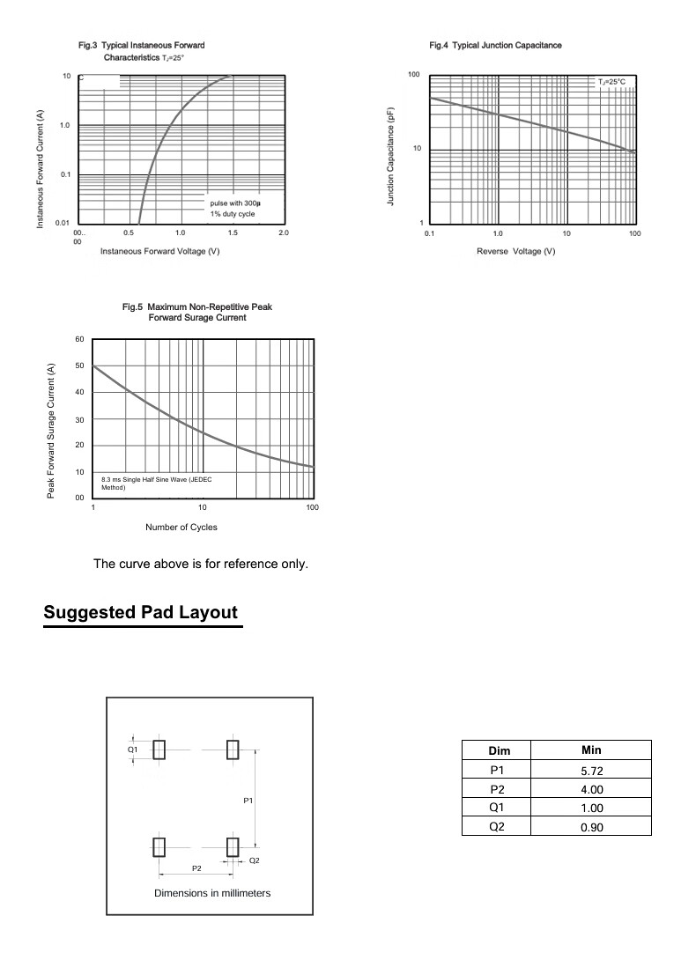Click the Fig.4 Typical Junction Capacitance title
pos(495,45)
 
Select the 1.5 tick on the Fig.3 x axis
pos(233,233)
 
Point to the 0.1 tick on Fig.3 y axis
pos(65,174)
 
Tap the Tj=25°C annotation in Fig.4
pos(611,82)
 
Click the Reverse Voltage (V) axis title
pos(515,252)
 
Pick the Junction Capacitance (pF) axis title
pos(390,158)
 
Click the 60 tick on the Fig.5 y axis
pos(79,339)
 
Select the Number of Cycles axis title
pos(181,528)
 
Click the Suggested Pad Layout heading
pos(141,612)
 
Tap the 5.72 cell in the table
pos(591,771)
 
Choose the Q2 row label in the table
pos(498,826)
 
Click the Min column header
pos(591,750)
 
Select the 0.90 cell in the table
pos(591,827)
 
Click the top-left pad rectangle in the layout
pos(159,750)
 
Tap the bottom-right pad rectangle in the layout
pos(233,847)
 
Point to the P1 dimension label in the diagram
pos(248,801)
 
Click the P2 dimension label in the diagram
pos(197,868)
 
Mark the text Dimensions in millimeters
pos(212,893)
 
